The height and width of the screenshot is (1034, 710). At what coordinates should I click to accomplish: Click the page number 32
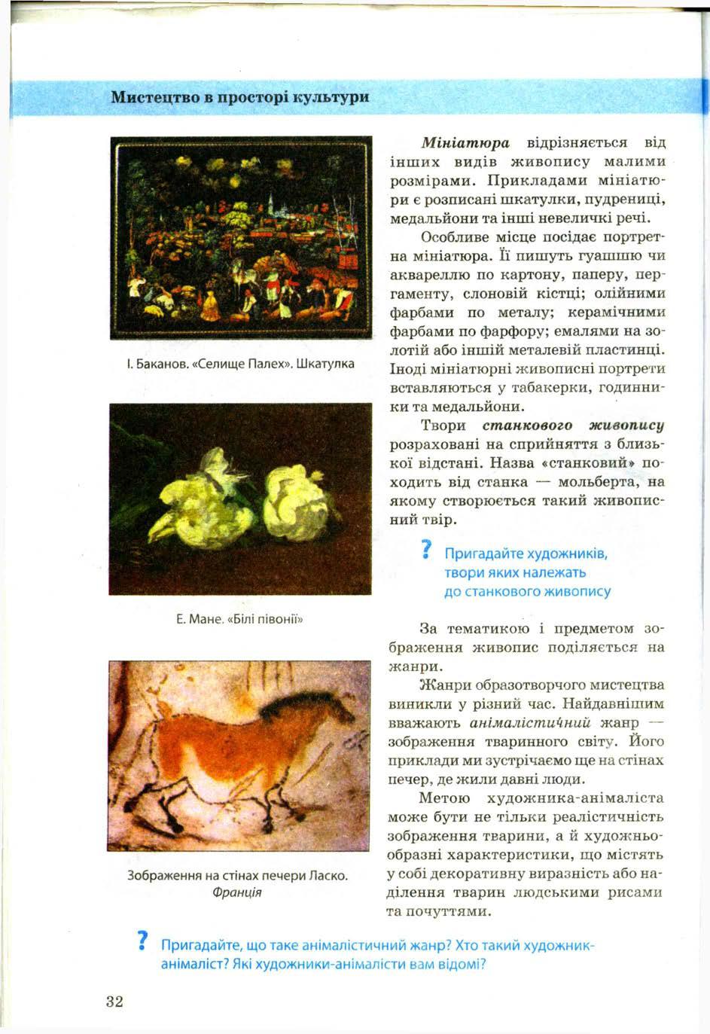[114, 1001]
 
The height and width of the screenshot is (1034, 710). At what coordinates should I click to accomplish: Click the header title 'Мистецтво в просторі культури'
[239, 97]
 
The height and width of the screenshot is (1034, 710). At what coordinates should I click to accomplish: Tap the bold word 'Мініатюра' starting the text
[465, 142]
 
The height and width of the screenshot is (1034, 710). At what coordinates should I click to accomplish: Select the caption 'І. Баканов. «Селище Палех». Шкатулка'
[240, 364]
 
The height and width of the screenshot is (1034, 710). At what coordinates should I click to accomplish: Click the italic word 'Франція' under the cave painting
[237, 892]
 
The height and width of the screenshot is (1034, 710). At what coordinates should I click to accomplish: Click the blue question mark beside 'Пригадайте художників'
[426, 551]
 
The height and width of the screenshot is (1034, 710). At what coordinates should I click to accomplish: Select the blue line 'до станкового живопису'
[527, 591]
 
